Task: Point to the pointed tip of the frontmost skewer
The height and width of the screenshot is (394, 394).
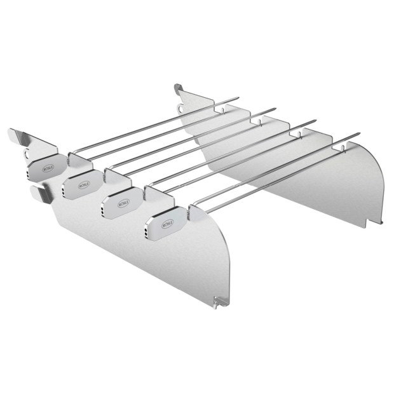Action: pyautogui.click(x=360, y=134)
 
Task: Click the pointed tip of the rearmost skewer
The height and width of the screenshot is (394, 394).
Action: pyautogui.click(x=238, y=98)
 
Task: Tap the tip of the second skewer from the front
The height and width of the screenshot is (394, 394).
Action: pyautogui.click(x=316, y=119)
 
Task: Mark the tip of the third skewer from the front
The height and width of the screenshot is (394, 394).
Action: pyautogui.click(x=276, y=109)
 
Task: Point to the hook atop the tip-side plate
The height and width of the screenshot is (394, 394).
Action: pyautogui.click(x=178, y=88)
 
